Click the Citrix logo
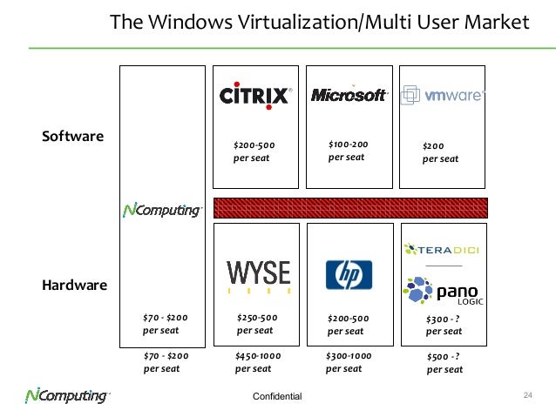point(255,94)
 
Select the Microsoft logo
point(349,95)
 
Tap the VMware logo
point(442,96)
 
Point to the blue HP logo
point(349,275)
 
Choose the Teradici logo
point(442,251)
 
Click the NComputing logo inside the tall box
point(163,210)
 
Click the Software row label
point(73,137)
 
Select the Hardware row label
point(75,285)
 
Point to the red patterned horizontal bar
point(349,207)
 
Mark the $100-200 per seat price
point(349,151)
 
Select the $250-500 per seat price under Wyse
point(257,324)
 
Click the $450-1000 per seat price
point(258,362)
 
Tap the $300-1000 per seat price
point(349,362)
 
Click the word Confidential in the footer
point(277,397)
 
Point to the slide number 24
point(526,396)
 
